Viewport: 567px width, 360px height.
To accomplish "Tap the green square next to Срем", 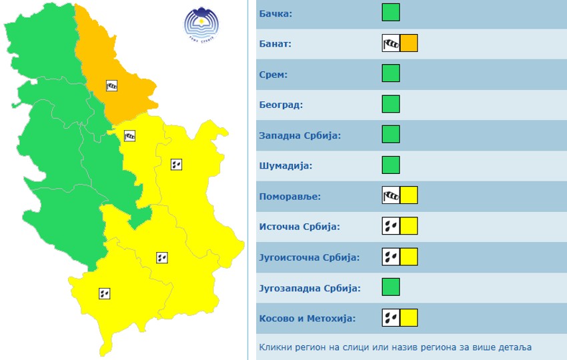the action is click(391, 74).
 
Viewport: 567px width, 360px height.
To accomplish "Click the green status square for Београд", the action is click(391, 105).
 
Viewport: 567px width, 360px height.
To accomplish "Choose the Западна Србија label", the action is click(300, 135).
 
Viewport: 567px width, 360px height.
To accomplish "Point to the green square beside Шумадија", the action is click(391, 165).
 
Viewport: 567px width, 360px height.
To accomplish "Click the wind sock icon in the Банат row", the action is click(390, 43).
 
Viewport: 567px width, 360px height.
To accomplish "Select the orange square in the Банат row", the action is click(408, 43).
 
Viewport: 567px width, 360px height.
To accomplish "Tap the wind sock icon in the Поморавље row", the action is click(390, 196).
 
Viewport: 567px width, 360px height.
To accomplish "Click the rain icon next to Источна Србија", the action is click(390, 227).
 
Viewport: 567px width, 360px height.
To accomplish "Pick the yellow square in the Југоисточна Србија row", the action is click(408, 257).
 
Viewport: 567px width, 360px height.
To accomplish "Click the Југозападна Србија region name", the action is click(310, 288).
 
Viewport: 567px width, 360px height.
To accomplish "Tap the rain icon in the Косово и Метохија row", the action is click(390, 318).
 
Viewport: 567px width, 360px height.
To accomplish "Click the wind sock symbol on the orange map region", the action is click(112, 85).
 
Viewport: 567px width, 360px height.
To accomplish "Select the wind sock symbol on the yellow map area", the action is click(131, 135).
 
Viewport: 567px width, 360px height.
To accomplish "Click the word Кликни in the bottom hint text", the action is click(275, 347).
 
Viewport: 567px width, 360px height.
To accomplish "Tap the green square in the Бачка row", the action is click(391, 13).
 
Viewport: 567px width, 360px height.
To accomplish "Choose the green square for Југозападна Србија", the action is click(391, 287).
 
